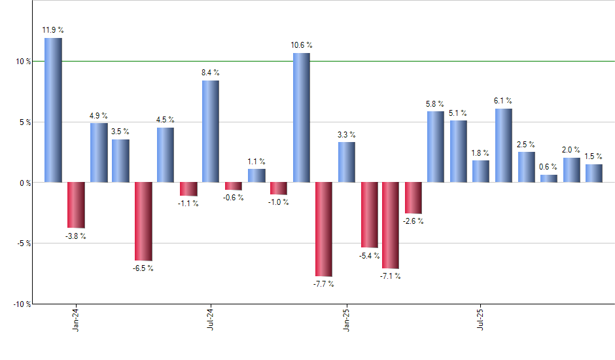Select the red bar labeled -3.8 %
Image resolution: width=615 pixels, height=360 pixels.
click(x=76, y=204)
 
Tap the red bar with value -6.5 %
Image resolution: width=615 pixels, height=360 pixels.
click(x=143, y=221)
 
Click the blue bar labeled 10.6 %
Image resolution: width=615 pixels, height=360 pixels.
click(x=301, y=117)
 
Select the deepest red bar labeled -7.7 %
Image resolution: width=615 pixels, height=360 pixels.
click(x=324, y=229)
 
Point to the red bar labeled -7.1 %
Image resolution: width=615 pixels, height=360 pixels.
click(x=391, y=225)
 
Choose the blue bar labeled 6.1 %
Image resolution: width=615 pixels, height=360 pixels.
click(x=504, y=145)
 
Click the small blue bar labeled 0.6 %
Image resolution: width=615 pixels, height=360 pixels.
click(x=549, y=178)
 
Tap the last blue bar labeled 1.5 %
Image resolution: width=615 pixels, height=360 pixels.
click(x=594, y=173)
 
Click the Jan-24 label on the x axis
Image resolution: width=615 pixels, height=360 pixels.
click(x=77, y=319)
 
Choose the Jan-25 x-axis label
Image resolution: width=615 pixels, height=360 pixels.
click(x=346, y=319)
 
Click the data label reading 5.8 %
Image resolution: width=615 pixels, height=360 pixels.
click(x=435, y=103)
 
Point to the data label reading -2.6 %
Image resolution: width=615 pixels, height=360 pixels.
click(x=413, y=221)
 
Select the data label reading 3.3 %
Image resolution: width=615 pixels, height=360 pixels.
click(x=346, y=134)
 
